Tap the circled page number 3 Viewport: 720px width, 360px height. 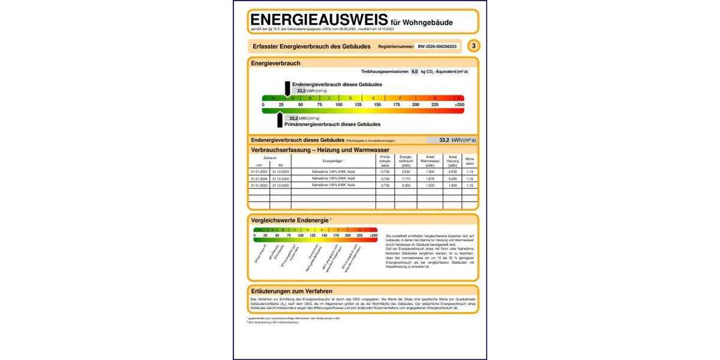click(x=474, y=46)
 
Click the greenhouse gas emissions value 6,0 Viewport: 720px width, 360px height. click(x=414, y=71)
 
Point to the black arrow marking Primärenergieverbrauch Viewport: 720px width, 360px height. click(x=280, y=119)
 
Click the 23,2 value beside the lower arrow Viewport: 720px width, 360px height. click(x=293, y=118)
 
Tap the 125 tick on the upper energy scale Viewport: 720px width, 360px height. click(x=358, y=105)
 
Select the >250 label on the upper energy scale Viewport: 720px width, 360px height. click(x=459, y=105)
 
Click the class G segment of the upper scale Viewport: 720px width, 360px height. click(x=435, y=98)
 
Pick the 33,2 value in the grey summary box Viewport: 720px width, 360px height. click(x=444, y=140)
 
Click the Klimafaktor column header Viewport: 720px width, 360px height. click(x=470, y=161)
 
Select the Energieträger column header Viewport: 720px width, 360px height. click(x=334, y=161)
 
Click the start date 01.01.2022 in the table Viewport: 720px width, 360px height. click(x=259, y=185)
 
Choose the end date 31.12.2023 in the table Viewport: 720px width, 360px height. click(x=281, y=172)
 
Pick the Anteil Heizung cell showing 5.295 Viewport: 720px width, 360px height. click(x=453, y=179)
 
